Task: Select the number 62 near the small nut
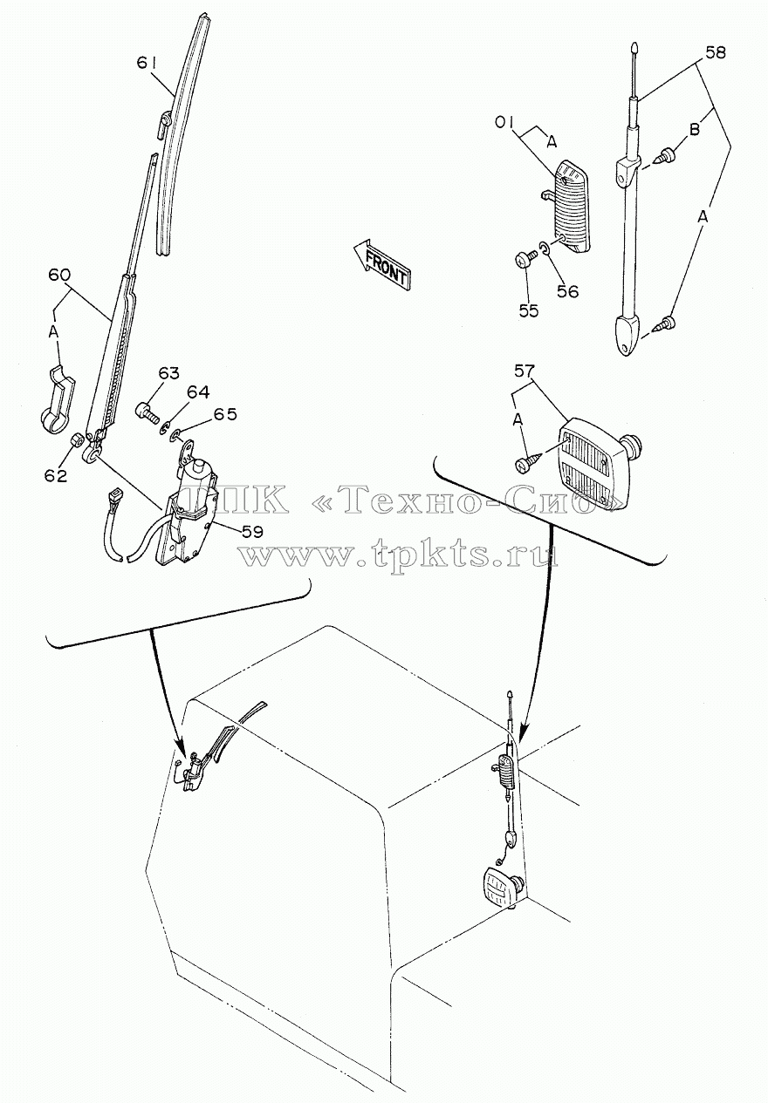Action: (x=55, y=476)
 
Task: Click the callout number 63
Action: (x=169, y=374)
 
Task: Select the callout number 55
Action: (x=528, y=310)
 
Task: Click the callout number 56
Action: (x=567, y=291)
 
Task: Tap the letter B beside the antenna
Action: (x=694, y=130)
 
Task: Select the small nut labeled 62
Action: (x=77, y=439)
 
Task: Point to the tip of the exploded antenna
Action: (x=634, y=44)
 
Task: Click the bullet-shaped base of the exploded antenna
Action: (x=629, y=337)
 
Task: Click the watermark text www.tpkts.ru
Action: (x=401, y=555)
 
